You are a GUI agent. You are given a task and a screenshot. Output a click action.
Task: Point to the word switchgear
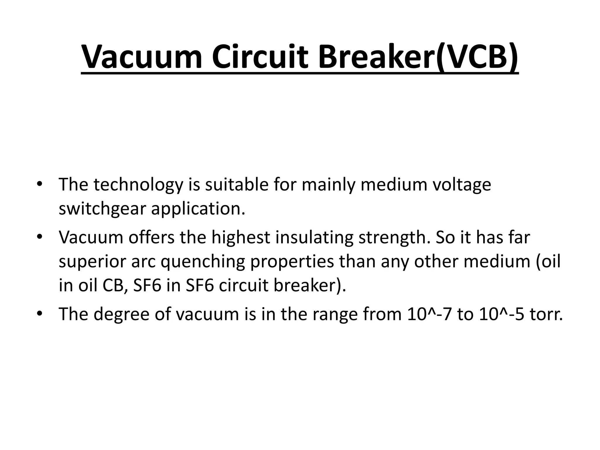[101, 209]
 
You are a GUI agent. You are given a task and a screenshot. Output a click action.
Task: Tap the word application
[198, 209]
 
